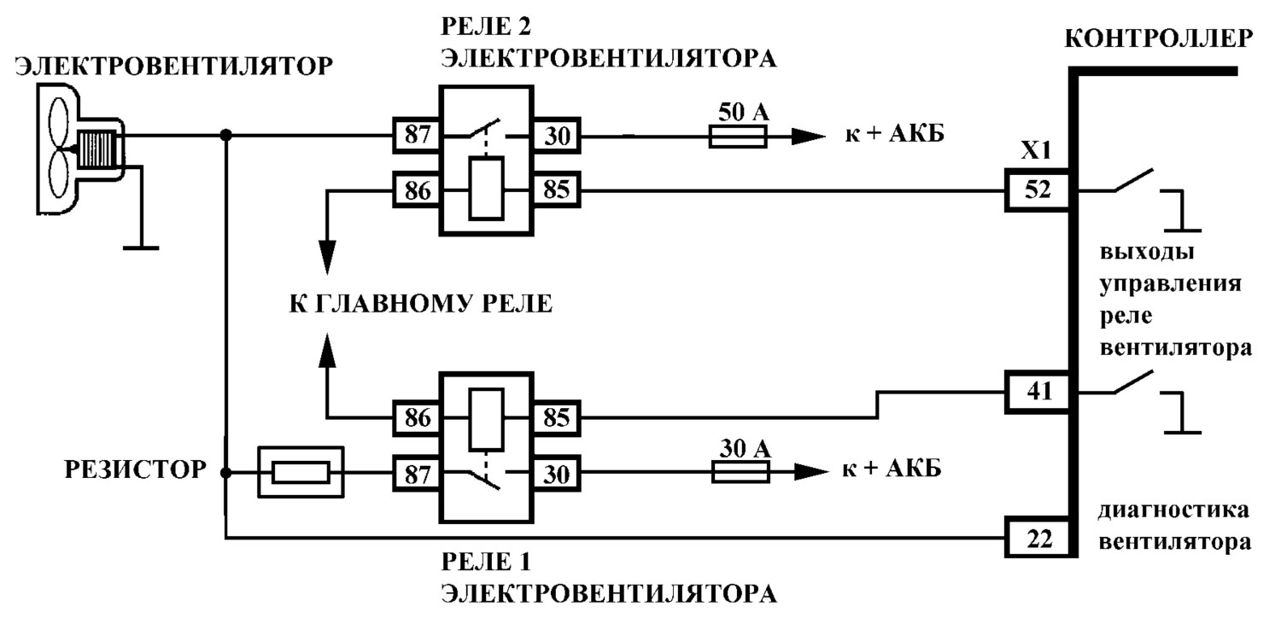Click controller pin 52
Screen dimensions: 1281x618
pyautogui.click(x=1038, y=190)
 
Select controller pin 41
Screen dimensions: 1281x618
pyautogui.click(x=1038, y=392)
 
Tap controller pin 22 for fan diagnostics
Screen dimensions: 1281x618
pyautogui.click(x=1038, y=538)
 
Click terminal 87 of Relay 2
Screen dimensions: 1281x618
pyautogui.click(x=417, y=135)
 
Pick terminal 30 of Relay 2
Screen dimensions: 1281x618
pyautogui.click(x=557, y=136)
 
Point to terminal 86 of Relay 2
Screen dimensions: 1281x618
pyautogui.click(x=417, y=189)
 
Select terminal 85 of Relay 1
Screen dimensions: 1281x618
pyautogui.click(x=557, y=418)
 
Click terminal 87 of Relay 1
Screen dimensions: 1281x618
pyautogui.click(x=417, y=474)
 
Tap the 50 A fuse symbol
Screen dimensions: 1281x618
pyautogui.click(x=738, y=137)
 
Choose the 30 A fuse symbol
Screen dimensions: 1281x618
pyautogui.click(x=740, y=472)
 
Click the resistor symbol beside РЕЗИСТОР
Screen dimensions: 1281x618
pyautogui.click(x=301, y=472)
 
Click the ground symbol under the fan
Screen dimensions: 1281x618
pyautogui.click(x=141, y=248)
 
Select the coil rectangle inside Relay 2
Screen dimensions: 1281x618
pyautogui.click(x=486, y=188)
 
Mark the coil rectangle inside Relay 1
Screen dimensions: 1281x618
pyautogui.click(x=486, y=420)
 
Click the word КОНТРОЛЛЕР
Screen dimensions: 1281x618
pyautogui.click(x=1159, y=38)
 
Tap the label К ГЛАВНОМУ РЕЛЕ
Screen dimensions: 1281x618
pyautogui.click(x=421, y=304)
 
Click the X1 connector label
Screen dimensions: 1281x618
pyautogui.click(x=1036, y=150)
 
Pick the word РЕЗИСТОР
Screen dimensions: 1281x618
pyautogui.click(x=135, y=469)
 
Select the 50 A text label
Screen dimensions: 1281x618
pyautogui.click(x=744, y=112)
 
